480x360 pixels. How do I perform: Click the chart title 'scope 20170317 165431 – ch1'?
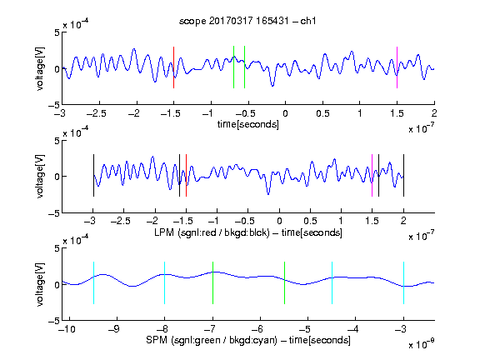[x=247, y=21]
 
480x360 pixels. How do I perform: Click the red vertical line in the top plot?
[x=173, y=67]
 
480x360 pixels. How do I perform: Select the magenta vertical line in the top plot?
[x=397, y=67]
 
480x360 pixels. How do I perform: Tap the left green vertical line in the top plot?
[x=233, y=67]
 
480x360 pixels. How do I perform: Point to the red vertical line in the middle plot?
[x=186, y=175]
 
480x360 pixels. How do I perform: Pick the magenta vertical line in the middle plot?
[x=372, y=175]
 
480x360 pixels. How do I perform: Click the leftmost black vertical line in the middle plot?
[x=93, y=175]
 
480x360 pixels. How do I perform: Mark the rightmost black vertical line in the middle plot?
[x=403, y=175]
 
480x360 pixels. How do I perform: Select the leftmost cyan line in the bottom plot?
[x=93, y=282]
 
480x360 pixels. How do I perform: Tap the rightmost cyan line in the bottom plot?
[x=403, y=282]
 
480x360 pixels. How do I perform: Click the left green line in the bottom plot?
[x=212, y=282]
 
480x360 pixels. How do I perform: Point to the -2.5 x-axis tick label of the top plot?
[x=97, y=113]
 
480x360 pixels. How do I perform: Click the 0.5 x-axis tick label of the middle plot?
[x=310, y=221]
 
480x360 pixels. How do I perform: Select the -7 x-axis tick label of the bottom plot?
[x=209, y=329]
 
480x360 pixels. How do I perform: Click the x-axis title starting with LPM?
[x=248, y=232]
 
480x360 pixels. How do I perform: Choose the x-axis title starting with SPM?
[x=248, y=340]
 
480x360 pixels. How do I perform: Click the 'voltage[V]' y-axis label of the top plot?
[x=40, y=68]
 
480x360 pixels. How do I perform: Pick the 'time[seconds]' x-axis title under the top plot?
[x=248, y=124]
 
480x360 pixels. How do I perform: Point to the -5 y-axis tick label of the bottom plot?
[x=54, y=321]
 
